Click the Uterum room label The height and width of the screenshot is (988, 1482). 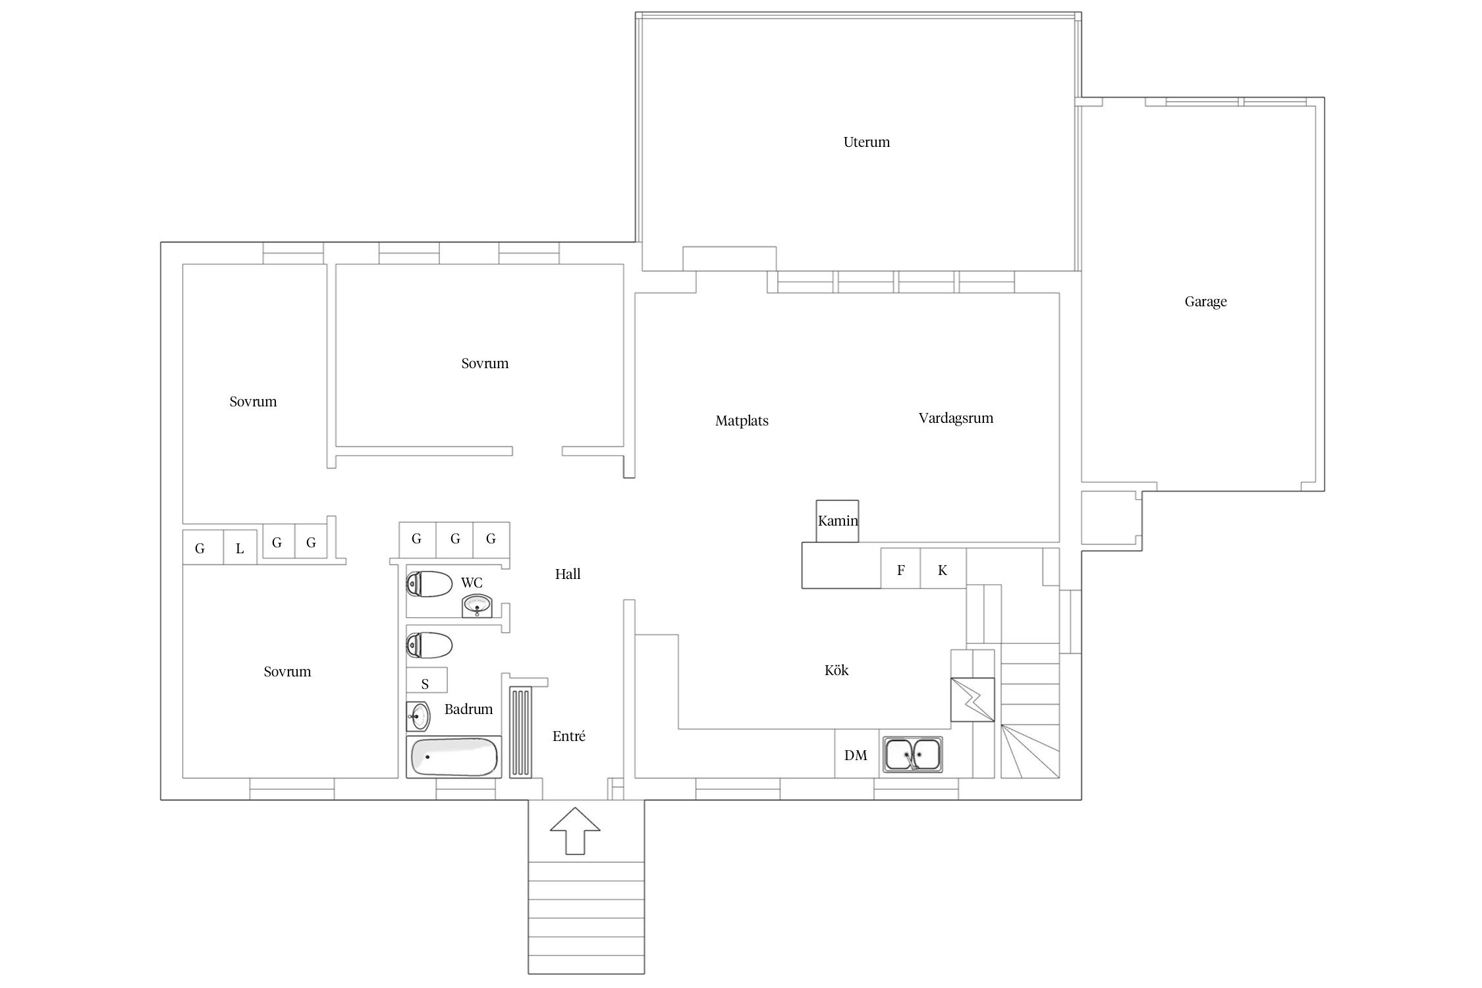(x=866, y=142)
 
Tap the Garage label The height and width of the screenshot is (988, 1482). (x=1205, y=302)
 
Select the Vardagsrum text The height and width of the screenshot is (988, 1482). (x=956, y=418)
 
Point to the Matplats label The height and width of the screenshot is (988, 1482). (x=742, y=421)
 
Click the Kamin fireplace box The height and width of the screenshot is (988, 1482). (x=837, y=521)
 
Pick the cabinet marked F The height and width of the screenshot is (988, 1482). (x=900, y=568)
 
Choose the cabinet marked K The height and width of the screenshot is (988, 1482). (x=943, y=568)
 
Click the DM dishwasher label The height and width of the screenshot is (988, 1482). (x=856, y=755)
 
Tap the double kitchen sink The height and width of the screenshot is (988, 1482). (x=912, y=754)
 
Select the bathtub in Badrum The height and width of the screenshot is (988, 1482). (x=454, y=757)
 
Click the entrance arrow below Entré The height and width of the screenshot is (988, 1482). (x=575, y=831)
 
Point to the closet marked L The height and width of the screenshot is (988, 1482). (x=240, y=547)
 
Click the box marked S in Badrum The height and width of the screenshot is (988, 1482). (x=426, y=680)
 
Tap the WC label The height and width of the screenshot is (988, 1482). (x=472, y=583)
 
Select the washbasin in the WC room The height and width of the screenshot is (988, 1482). (x=478, y=606)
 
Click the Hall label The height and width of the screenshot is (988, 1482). (x=568, y=574)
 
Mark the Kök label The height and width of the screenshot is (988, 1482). (x=837, y=671)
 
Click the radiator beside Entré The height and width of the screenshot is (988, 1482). (x=520, y=732)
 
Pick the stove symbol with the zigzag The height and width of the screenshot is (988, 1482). (x=972, y=700)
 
